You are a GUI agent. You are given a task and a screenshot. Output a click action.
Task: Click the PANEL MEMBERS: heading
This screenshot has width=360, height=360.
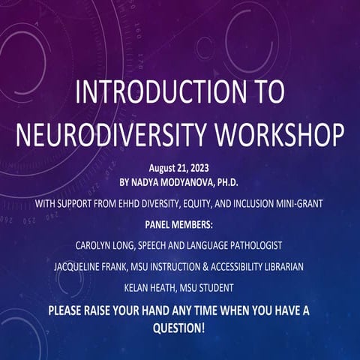[x=180, y=223]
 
